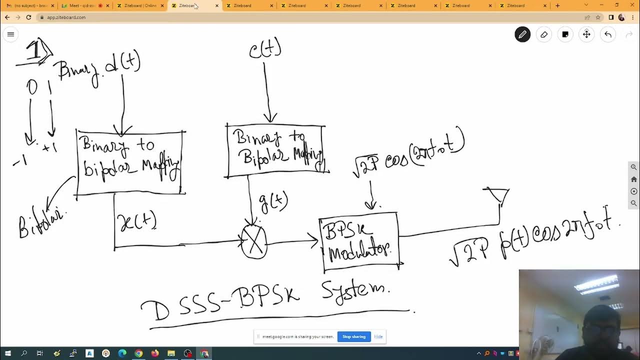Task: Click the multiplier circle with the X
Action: [x=254, y=242]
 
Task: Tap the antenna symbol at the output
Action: [x=497, y=195]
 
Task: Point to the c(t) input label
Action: [x=265, y=49]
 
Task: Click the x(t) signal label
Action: [x=137, y=222]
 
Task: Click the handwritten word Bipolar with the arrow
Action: [x=42, y=221]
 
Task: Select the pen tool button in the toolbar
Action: [x=522, y=34]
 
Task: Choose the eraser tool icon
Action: [x=544, y=34]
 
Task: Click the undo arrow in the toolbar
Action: [x=607, y=34]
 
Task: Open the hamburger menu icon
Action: [x=10, y=34]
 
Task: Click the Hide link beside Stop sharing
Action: [x=378, y=336]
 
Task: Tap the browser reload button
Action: [x=28, y=17]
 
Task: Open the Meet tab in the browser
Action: [x=81, y=5]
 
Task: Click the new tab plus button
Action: [x=557, y=5]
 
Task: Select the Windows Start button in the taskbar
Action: [x=7, y=353]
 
